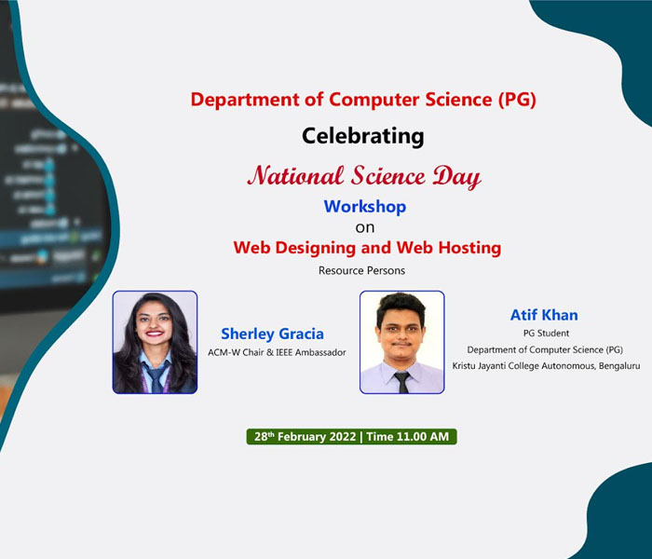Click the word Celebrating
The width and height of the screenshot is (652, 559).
coord(362,136)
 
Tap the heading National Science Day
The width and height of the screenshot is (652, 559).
coord(364,176)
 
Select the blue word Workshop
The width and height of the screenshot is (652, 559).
coord(365,207)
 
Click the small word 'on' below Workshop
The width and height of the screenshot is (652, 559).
coord(365,228)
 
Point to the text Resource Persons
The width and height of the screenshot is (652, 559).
coord(361,270)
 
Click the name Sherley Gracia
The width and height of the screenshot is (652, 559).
coord(272,334)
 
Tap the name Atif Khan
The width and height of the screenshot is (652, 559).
coord(544,315)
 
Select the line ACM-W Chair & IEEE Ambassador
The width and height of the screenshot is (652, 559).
coord(277,352)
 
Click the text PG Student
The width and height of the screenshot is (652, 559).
coord(546,334)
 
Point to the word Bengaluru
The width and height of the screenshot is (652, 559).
coord(619,366)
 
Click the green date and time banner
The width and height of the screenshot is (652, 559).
coord(352,437)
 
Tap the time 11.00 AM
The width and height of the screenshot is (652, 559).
coord(423,437)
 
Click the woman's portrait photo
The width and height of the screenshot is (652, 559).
coord(156,342)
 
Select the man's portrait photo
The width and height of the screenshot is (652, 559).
coord(402,342)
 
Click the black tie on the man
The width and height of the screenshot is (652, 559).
coord(402,382)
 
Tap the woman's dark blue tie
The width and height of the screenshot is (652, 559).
coord(156,377)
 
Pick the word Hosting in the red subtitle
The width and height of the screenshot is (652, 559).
coord(469,248)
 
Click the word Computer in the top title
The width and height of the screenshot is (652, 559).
coord(374,101)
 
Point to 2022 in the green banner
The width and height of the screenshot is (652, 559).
coord(343,437)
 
